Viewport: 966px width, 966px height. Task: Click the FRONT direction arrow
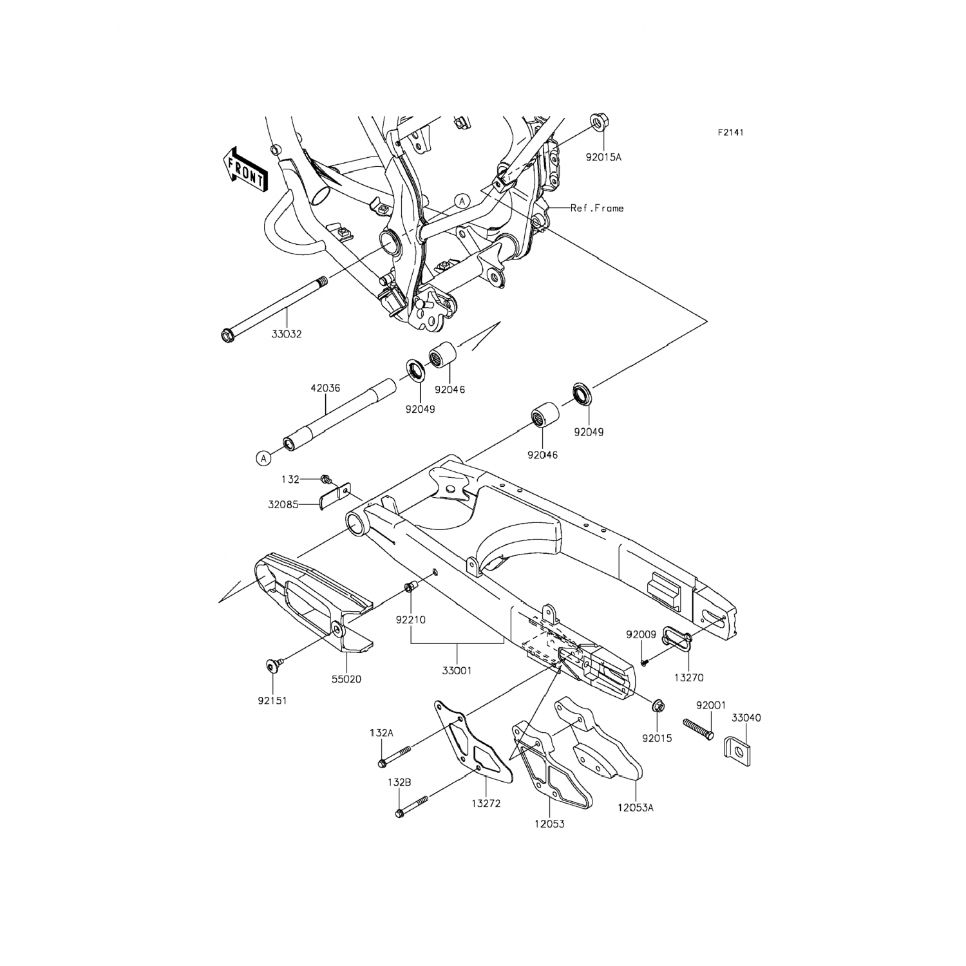click(245, 169)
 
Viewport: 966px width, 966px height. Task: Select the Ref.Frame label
click(597, 208)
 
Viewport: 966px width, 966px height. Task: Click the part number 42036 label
click(325, 388)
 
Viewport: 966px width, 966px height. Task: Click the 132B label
click(399, 782)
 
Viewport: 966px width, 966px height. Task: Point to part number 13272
click(486, 804)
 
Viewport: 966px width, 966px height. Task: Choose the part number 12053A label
click(635, 807)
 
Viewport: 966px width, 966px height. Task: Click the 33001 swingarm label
click(457, 670)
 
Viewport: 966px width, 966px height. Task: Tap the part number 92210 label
click(411, 620)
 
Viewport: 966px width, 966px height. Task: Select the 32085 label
click(283, 505)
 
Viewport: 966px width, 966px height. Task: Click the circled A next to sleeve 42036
click(262, 459)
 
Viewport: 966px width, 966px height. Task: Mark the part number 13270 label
click(689, 677)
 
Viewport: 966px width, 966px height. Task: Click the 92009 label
click(641, 634)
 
